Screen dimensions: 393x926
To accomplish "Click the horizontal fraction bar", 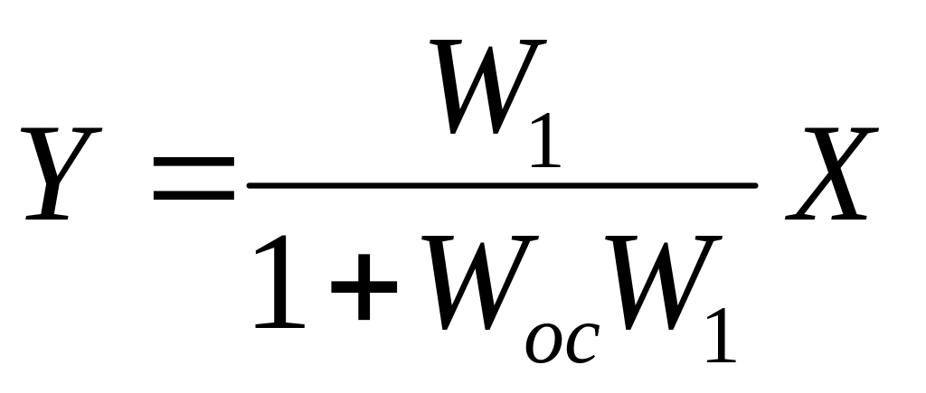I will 502,185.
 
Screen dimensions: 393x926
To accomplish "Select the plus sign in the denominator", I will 364,285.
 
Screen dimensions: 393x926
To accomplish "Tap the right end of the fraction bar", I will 754,185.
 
